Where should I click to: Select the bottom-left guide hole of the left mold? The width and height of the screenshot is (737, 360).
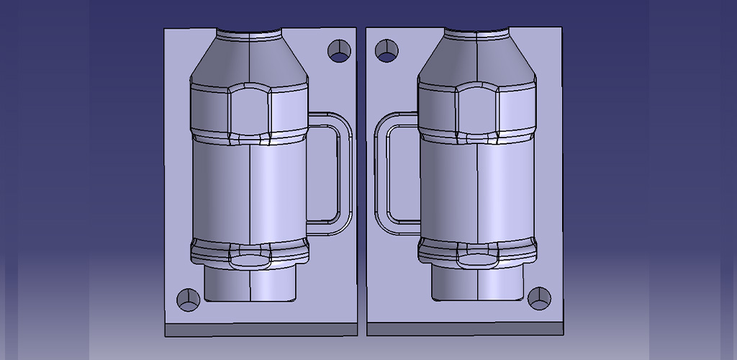[x=189, y=299]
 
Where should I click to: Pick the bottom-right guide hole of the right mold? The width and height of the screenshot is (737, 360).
[x=538, y=297]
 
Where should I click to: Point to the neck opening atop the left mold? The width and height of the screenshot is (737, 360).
[x=249, y=33]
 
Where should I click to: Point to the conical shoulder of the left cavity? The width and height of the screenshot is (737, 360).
[x=249, y=61]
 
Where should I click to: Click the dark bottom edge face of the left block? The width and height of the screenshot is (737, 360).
[x=261, y=329]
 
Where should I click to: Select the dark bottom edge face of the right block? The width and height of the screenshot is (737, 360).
[x=465, y=329]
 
